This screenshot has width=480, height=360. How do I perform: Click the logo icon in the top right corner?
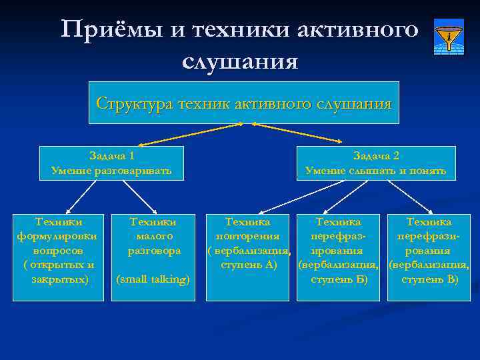449,36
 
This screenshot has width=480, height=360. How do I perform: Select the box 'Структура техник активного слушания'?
243,103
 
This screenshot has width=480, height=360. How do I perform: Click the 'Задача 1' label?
111,155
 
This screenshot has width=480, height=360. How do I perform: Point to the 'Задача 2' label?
376,155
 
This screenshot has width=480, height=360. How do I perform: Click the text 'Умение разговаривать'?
111,171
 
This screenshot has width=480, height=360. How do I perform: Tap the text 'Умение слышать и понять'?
376,171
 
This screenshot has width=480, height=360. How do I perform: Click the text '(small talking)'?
153,279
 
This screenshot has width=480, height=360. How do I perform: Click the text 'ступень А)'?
248,265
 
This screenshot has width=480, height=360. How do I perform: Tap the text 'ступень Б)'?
339,279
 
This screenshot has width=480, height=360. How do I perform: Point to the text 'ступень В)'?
430,279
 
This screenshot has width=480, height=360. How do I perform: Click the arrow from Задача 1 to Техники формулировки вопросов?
81,197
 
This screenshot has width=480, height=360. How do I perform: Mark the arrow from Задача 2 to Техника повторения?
293,197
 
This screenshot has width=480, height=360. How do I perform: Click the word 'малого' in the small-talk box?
153,236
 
